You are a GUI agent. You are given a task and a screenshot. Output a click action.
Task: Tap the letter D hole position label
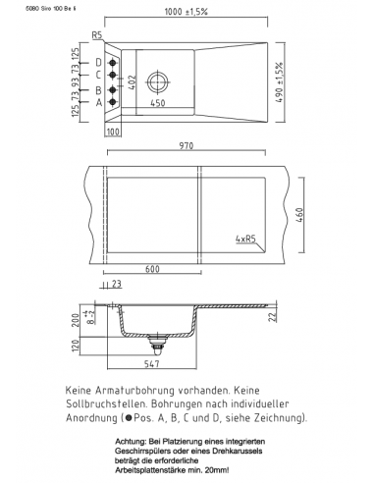(x=99, y=64)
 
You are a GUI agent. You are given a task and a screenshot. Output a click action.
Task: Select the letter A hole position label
(x=99, y=102)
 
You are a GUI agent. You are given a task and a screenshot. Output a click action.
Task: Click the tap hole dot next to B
(x=114, y=90)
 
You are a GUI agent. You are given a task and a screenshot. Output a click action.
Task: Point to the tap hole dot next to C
(x=114, y=75)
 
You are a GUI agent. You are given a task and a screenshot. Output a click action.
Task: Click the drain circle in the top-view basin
(x=158, y=80)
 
